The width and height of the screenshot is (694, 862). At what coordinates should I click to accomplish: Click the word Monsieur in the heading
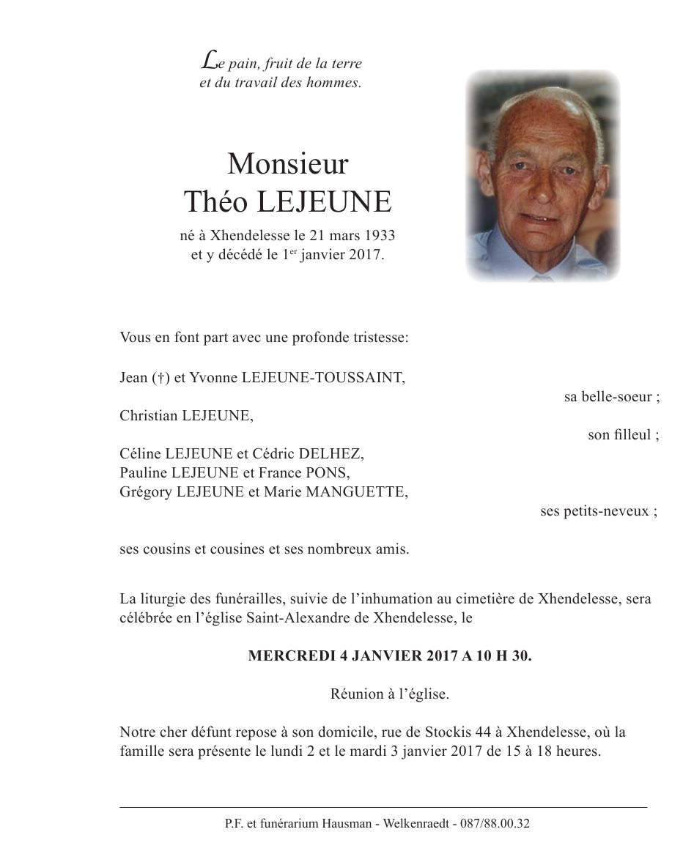tap(287, 164)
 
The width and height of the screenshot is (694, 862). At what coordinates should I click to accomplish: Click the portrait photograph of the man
tap(542, 176)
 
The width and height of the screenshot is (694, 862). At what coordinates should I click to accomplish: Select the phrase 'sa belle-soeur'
tap(608, 397)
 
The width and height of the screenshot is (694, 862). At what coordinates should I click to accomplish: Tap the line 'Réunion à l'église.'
tap(389, 694)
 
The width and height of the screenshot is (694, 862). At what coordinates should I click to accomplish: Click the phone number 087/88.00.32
tap(495, 823)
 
